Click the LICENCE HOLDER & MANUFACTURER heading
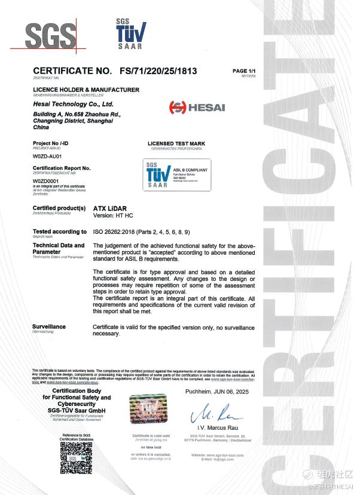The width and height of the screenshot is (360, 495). click(86, 90)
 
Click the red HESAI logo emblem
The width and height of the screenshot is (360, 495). click(178, 108)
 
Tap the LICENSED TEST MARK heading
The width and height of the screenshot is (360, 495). click(176, 144)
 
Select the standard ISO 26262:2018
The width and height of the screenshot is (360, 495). click(114, 231)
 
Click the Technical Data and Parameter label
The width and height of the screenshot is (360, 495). click(58, 248)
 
